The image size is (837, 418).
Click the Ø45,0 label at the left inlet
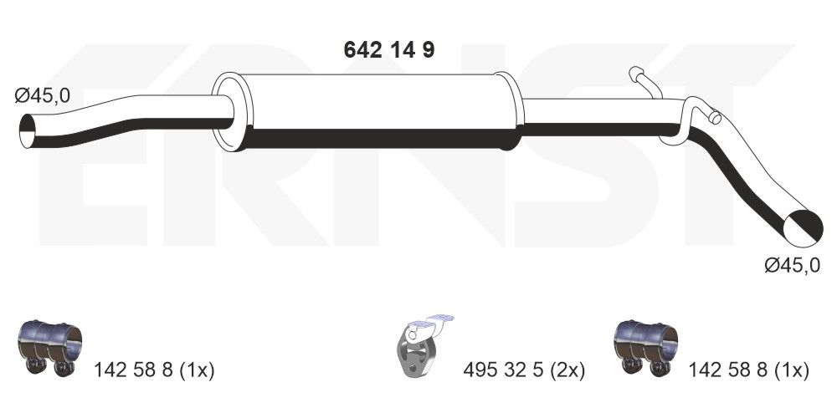click(x=43, y=96)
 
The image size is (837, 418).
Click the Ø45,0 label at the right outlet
click(x=792, y=266)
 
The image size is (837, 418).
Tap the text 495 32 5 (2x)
click(x=523, y=370)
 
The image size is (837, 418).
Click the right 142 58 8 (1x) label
click(x=748, y=370)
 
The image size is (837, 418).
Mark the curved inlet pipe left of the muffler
click(x=126, y=121)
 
